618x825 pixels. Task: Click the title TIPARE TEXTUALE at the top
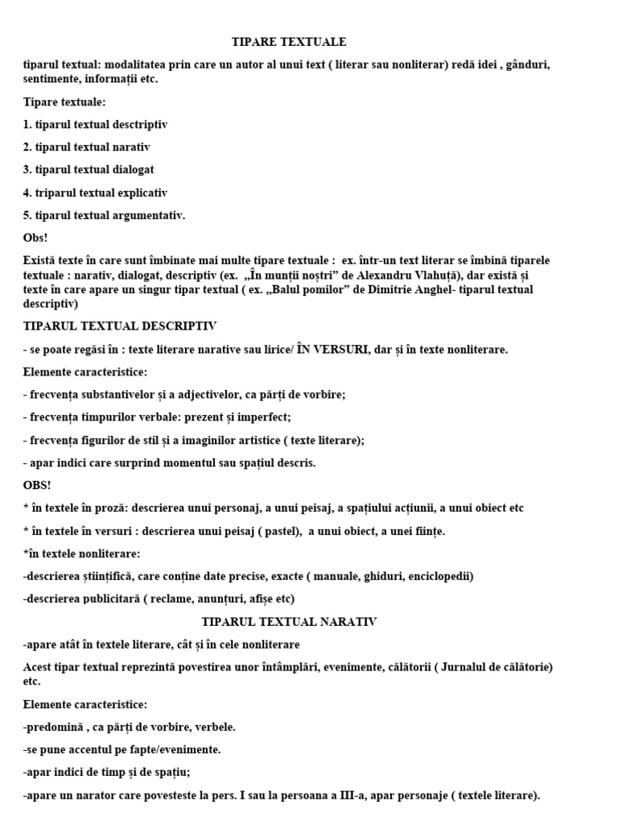[288, 42]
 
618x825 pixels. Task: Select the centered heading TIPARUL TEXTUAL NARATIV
[288, 622]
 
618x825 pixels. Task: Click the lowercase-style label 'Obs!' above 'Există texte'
[35, 238]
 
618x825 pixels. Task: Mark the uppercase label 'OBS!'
[37, 486]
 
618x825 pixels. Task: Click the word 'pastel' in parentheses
[300, 531]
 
